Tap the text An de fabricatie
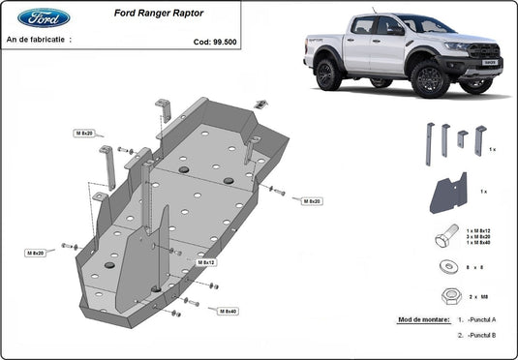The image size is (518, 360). coord(39,42)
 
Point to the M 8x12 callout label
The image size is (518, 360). coord(206,262)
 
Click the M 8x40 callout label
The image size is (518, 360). coord(229,311)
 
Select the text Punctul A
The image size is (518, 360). coord(482,318)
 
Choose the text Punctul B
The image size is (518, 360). coord(482,335)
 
